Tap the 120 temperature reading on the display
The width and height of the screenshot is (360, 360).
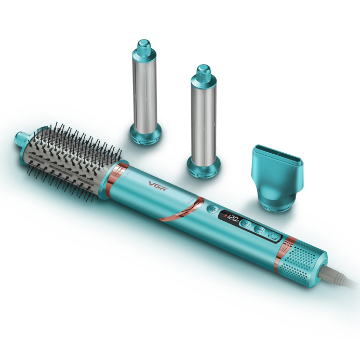[x=232, y=218]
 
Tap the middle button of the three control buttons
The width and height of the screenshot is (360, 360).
[x=259, y=229]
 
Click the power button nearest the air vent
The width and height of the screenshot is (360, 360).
[x=274, y=236]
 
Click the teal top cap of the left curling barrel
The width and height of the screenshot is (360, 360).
[x=144, y=48]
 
